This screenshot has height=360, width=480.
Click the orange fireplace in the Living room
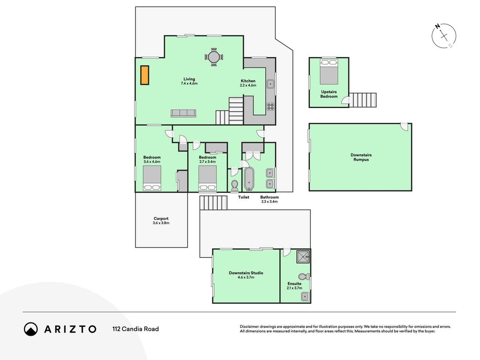[x=145, y=75]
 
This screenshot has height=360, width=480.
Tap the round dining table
[x=214, y=57]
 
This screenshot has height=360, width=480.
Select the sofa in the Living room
[x=183, y=113]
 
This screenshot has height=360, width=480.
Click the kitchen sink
[x=270, y=84]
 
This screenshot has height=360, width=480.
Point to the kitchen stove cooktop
[x=270, y=106]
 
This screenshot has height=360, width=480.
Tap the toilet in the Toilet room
[x=235, y=185]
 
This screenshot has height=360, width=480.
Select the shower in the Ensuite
[x=303, y=256]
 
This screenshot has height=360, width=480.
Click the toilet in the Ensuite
[x=304, y=276]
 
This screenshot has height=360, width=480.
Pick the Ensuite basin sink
[x=305, y=297]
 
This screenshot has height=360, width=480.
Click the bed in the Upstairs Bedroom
[x=329, y=72]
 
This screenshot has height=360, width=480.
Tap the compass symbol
[x=444, y=36]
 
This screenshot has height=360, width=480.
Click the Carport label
[x=161, y=219]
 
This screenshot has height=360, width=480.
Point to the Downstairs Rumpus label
[x=361, y=157]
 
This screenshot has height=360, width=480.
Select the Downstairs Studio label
[x=246, y=273]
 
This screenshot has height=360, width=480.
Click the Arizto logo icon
[x=31, y=329]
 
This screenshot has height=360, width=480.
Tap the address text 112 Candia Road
[x=135, y=329]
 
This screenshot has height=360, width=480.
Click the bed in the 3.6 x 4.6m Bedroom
[x=152, y=178]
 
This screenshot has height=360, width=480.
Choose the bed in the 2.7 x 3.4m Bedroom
[x=207, y=178]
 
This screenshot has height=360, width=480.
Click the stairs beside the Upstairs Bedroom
[x=363, y=100]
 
